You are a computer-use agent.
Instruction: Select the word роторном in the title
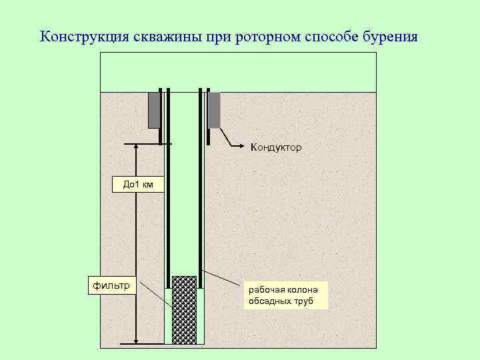point(265,36)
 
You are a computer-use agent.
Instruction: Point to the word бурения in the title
point(390,36)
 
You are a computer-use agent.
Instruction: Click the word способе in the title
point(328,36)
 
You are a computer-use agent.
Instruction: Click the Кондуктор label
point(276,147)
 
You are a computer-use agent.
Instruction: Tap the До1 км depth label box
point(138,185)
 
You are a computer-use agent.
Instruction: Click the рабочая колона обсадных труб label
point(287,295)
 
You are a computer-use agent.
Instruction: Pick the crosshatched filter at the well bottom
point(184,310)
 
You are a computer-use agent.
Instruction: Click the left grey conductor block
point(154,110)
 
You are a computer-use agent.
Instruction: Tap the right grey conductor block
point(215,110)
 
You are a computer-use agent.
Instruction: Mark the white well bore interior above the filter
point(184,200)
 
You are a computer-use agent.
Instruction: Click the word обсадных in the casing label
point(269,301)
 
